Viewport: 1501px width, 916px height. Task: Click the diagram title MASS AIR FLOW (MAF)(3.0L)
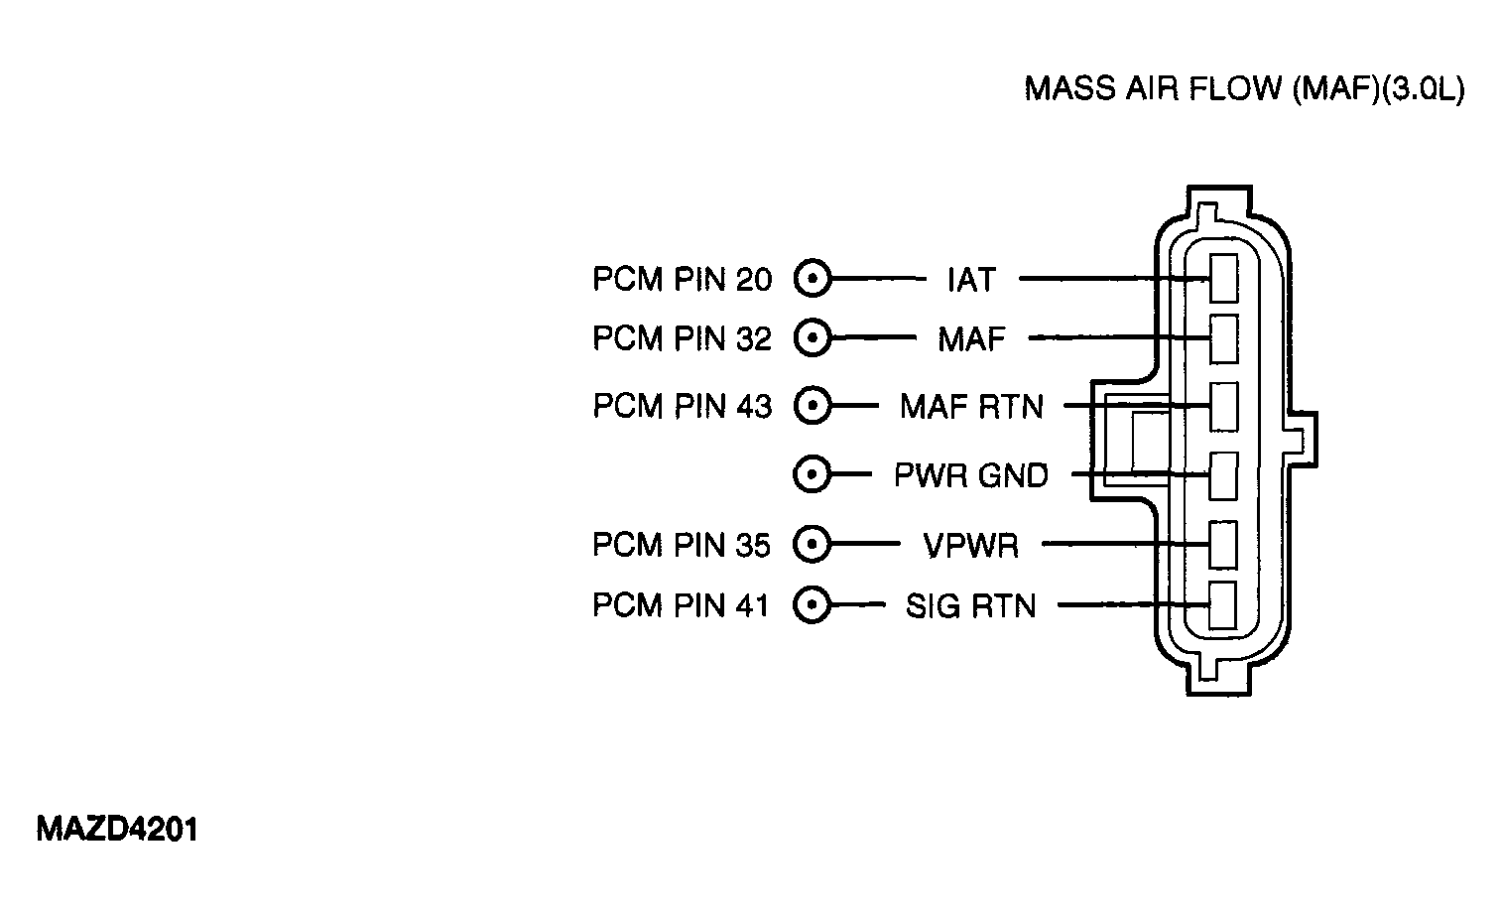point(1244,89)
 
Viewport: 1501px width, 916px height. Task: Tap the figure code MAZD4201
point(117,830)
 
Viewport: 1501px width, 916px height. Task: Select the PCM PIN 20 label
point(683,280)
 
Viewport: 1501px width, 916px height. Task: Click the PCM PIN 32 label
point(683,338)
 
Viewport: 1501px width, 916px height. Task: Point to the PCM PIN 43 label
point(683,406)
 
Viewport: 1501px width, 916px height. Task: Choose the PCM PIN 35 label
point(682,545)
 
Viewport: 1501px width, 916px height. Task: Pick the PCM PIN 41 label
point(681,605)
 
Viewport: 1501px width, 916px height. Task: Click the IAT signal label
point(971,280)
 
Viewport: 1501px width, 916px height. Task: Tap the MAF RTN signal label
point(971,406)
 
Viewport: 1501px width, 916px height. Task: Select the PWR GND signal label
point(971,475)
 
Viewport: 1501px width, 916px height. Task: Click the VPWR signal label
point(971,545)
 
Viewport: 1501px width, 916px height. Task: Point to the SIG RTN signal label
point(970,605)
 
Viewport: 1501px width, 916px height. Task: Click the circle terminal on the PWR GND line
point(812,474)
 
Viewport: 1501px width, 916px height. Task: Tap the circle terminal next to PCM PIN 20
point(813,278)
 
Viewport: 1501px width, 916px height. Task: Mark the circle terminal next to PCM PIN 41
point(812,605)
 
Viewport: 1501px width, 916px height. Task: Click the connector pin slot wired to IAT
point(1223,278)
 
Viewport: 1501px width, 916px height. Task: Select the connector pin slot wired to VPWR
point(1223,545)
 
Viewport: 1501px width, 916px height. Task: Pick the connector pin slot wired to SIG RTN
point(1223,605)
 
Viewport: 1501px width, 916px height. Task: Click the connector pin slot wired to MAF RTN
point(1223,407)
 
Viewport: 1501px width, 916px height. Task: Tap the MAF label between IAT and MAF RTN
point(971,339)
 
